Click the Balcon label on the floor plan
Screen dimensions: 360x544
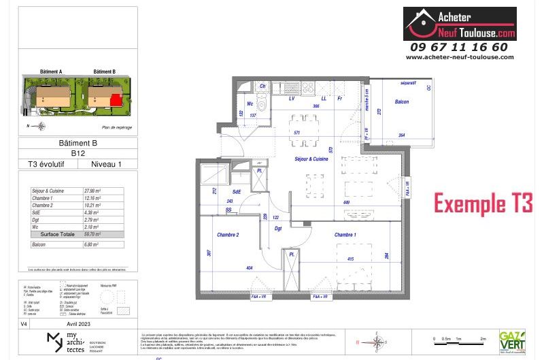[402, 101]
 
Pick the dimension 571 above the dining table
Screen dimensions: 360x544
[296, 132]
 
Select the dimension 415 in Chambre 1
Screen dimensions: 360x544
[349, 259]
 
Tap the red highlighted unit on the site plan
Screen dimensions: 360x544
[117, 100]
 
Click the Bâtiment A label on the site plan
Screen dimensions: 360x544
[52, 71]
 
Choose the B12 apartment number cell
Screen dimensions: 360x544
[80, 153]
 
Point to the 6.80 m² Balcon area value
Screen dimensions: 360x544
[90, 242]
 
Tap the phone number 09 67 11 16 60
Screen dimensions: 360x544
[459, 47]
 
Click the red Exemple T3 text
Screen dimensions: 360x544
[483, 203]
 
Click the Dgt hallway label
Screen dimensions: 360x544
[278, 229]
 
